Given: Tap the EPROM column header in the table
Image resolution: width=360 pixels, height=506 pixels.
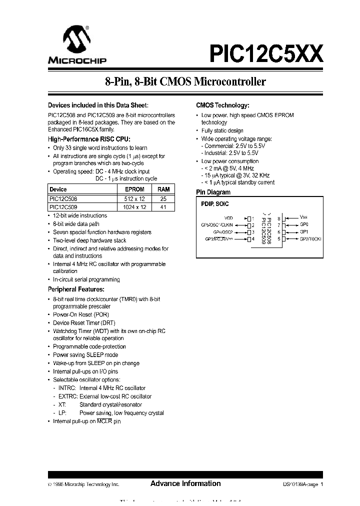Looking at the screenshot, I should (134, 189).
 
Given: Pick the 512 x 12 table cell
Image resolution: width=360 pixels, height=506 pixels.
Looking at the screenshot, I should (134, 198).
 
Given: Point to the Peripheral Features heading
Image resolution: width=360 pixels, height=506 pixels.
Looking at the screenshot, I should (76, 289).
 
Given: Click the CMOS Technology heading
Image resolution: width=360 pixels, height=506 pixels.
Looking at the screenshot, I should (222, 105).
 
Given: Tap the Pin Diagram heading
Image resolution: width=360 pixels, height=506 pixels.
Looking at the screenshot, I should (213, 192).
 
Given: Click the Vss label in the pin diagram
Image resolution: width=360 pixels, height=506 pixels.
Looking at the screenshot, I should (303, 217).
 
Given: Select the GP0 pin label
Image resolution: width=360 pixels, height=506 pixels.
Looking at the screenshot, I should (303, 224).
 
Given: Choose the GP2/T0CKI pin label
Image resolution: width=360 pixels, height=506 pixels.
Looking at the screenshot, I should (310, 239).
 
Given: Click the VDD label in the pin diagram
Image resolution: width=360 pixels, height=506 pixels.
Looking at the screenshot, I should (228, 218).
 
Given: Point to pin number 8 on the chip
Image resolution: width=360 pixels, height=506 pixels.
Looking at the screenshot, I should (278, 218).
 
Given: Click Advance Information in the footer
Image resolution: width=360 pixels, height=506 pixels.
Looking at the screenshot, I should (185, 483).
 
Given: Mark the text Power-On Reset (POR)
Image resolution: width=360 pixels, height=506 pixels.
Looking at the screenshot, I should (81, 314).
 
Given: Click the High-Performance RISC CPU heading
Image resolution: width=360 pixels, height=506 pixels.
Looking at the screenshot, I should (88, 139).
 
